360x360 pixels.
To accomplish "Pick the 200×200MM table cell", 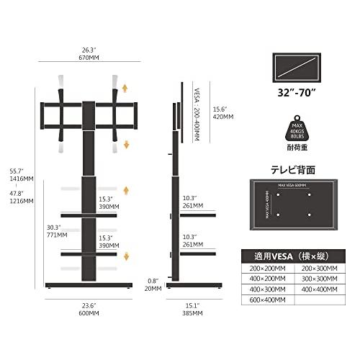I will point(266,267).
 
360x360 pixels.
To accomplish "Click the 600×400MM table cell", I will point(266,300).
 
